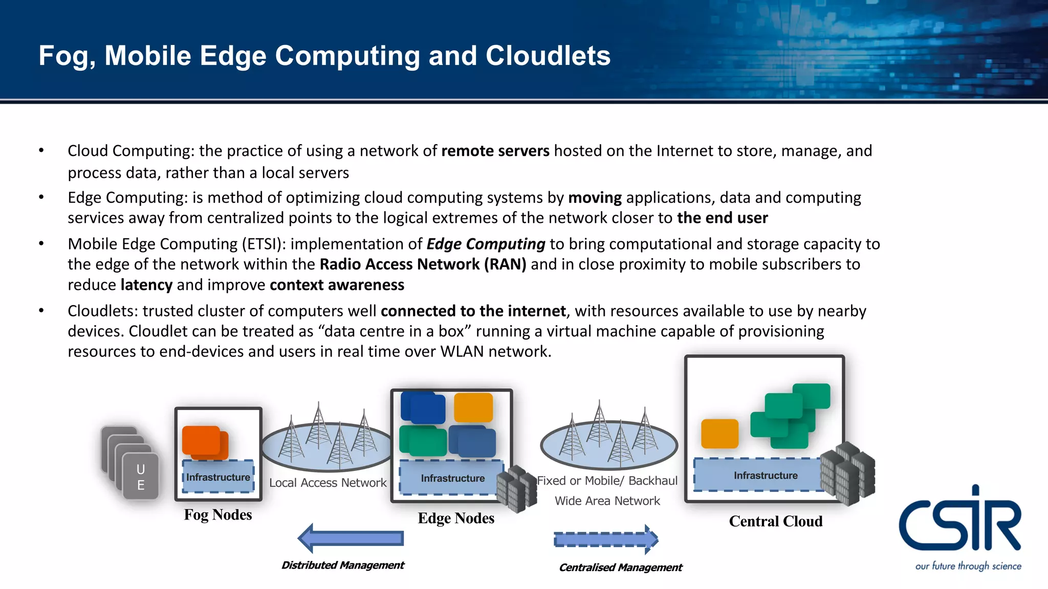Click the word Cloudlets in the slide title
[x=548, y=56]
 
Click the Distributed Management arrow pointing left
[x=351, y=538]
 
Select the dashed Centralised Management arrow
[x=606, y=539]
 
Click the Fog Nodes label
[x=218, y=515]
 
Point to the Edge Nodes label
[x=456, y=518]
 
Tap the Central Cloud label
[x=776, y=522]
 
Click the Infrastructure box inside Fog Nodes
[x=218, y=477]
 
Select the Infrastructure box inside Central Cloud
[x=759, y=475]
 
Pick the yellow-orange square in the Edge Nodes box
[x=473, y=407]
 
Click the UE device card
[x=140, y=477]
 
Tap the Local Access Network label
[x=327, y=483]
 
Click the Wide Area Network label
[x=607, y=501]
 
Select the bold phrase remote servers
[x=495, y=151]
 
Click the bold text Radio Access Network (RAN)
[x=423, y=264]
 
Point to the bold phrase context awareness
[x=337, y=285]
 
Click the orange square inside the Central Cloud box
[x=719, y=434]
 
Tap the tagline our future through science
[x=968, y=566]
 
